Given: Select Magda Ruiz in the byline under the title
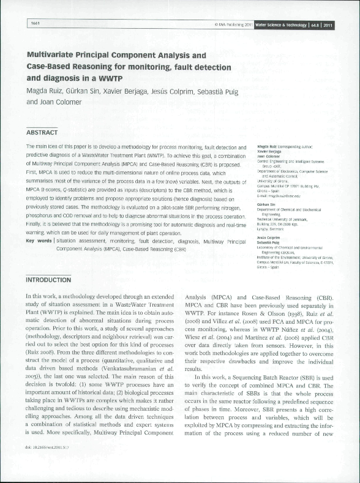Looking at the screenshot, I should point(46,91).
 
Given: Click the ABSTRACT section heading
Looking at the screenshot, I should point(42,132).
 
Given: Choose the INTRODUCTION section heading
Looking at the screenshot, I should point(48,280).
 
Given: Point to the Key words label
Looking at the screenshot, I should point(38,241).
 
